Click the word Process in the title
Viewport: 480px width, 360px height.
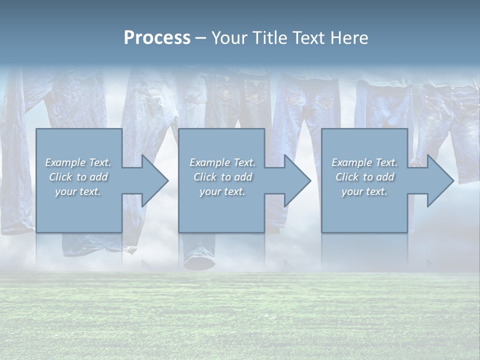(x=157, y=38)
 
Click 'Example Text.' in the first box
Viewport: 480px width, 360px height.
(x=78, y=162)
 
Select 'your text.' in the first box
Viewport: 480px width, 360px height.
(x=78, y=191)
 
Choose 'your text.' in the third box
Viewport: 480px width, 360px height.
(x=364, y=191)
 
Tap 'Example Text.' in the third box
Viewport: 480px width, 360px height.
(x=364, y=162)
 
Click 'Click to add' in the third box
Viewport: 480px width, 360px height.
(x=364, y=177)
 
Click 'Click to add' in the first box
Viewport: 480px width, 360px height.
(x=78, y=177)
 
